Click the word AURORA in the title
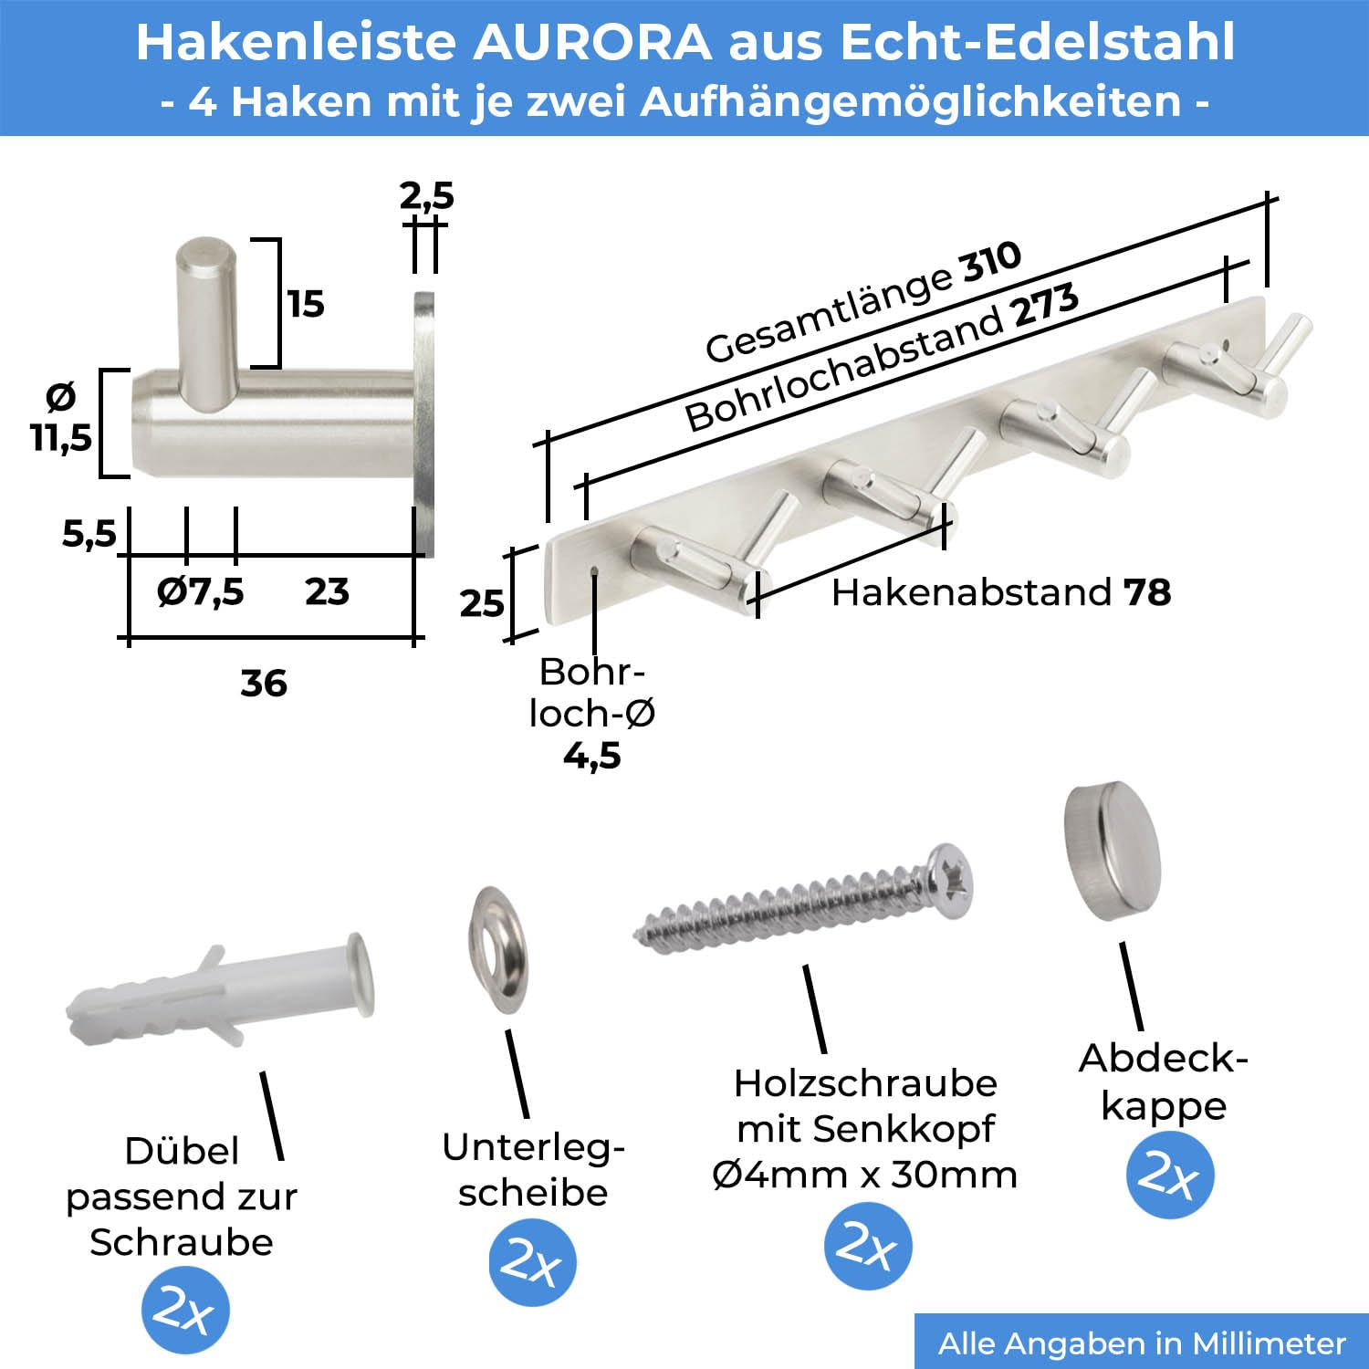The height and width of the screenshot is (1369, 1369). pos(591,42)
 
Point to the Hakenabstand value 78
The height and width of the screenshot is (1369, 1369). pos(1147,592)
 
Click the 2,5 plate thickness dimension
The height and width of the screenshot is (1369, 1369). pos(426,195)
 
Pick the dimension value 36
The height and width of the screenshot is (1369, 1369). pos(264,683)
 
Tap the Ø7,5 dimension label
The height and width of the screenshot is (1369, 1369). pos(200,591)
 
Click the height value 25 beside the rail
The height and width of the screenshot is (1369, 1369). pos(481,603)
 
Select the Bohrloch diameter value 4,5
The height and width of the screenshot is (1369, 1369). pos(592,756)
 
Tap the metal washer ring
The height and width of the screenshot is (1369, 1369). pos(498,949)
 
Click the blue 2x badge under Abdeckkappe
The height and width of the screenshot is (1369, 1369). pos(1169,1175)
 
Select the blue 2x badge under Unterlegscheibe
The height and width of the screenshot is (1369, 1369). pos(532,1262)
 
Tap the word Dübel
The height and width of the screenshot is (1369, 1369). pos(182,1150)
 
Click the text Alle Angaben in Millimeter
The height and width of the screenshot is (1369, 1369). pos(1142,1343)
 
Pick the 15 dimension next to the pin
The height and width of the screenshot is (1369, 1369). pos(306,304)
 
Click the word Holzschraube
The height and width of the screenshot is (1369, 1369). pos(865,1083)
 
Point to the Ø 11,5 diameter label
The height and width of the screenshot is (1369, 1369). pos(61,418)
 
